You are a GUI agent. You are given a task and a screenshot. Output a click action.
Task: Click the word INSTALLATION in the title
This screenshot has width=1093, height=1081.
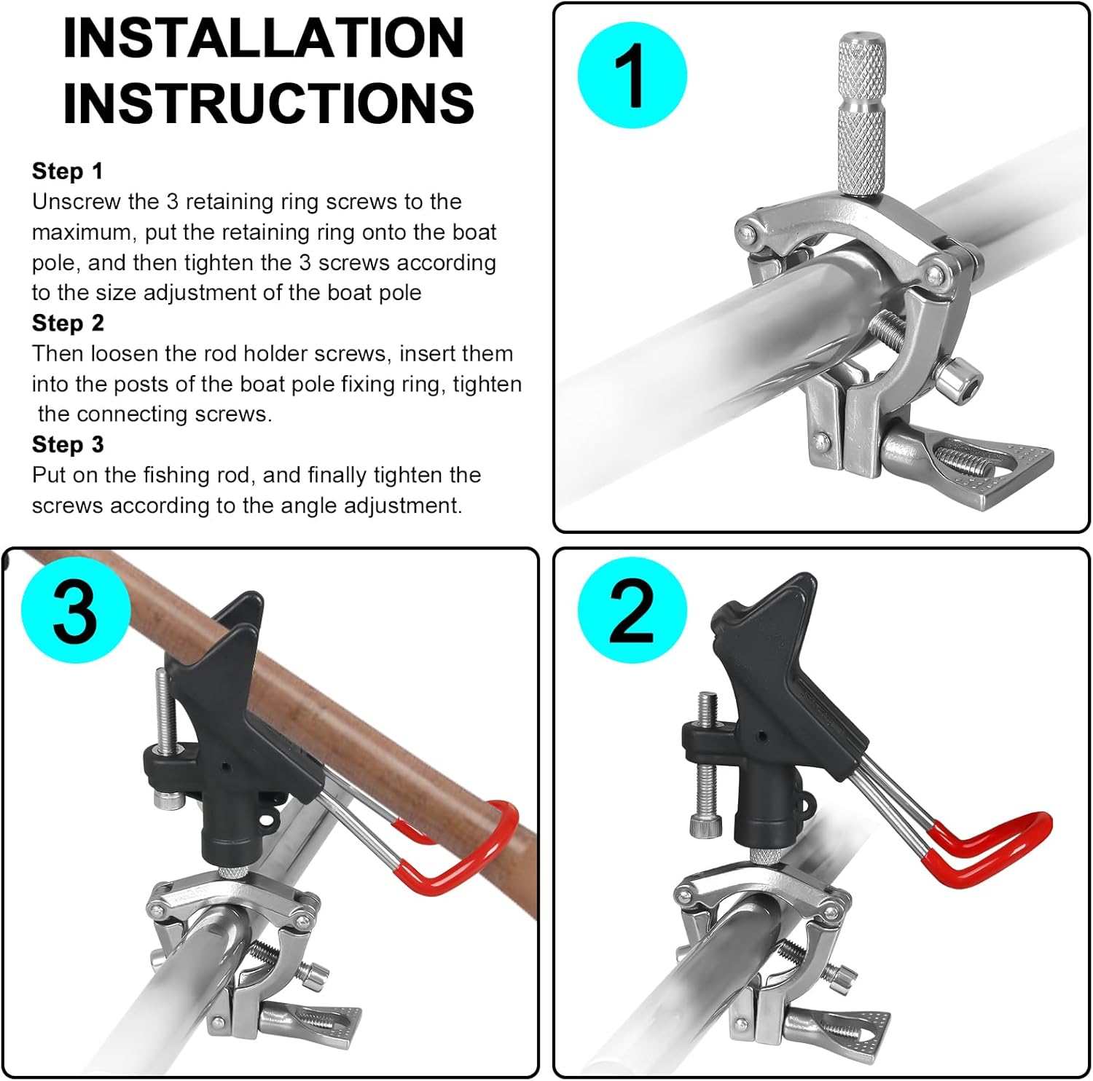pyautogui.click(x=264, y=38)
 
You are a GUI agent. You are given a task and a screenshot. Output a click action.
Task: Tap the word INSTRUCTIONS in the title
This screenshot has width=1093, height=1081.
pyautogui.click(x=268, y=101)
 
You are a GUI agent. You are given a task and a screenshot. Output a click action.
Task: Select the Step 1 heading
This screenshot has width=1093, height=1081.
pyautogui.click(x=68, y=171)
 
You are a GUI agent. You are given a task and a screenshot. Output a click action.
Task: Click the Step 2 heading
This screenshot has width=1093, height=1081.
pyautogui.click(x=68, y=323)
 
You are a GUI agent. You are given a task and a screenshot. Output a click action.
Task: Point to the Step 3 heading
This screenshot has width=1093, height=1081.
pyautogui.click(x=68, y=444)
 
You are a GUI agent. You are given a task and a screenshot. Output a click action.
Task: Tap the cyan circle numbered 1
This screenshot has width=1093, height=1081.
pyautogui.click(x=632, y=75)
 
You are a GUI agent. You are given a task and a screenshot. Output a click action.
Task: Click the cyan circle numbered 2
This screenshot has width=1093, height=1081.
pyautogui.click(x=632, y=610)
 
